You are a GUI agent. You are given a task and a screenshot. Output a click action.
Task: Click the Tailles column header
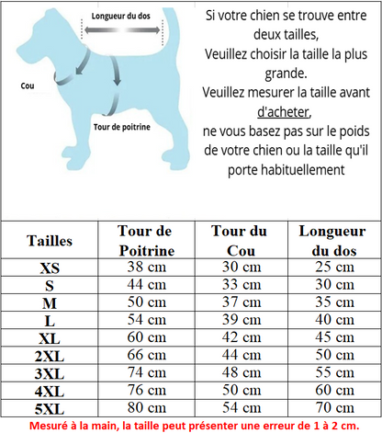pos(50,241)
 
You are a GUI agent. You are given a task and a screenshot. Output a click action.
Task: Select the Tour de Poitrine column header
pos(146,241)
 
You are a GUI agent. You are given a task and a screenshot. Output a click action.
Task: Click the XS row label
pos(50,268)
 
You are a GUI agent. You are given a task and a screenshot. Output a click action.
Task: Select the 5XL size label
pos(50,408)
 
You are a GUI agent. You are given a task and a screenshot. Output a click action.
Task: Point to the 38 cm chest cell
pos(146,268)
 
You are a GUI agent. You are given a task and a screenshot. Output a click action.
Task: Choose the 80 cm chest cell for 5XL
pos(146,408)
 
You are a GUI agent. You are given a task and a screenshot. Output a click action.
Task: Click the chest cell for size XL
pos(146,337)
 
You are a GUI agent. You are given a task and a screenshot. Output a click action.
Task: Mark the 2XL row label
pos(50,356)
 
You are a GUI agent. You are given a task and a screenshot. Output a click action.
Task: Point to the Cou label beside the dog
pos(27,84)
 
